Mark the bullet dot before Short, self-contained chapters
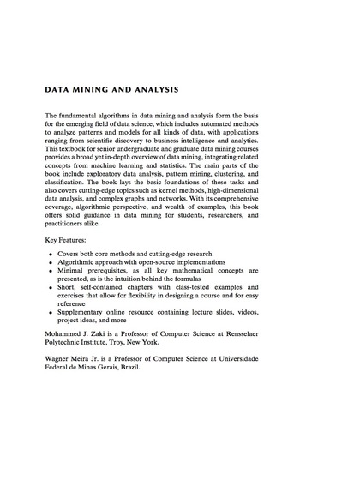click(x=52, y=296)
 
